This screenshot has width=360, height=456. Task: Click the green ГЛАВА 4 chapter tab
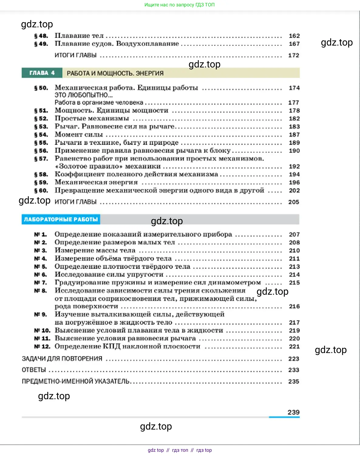point(42,73)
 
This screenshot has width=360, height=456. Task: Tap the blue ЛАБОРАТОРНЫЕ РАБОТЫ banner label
point(61,219)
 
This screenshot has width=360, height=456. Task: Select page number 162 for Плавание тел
point(294,36)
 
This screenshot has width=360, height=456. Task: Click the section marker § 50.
point(41,88)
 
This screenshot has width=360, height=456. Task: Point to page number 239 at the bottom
point(293,412)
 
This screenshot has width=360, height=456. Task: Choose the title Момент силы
point(79,135)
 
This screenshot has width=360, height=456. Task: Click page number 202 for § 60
point(294,190)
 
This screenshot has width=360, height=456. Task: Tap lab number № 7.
point(40,283)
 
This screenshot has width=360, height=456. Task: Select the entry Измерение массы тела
point(95,250)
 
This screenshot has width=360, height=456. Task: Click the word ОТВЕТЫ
point(34,370)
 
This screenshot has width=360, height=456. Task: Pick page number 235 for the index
point(294,382)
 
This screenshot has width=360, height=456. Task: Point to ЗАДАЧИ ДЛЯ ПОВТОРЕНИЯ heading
point(62,359)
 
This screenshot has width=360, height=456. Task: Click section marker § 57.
point(41,159)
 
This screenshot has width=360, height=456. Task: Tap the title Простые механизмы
point(92,118)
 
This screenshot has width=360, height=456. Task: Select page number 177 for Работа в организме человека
point(294,103)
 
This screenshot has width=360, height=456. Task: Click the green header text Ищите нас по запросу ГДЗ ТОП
point(179,5)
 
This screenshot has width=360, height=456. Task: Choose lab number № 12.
point(42,347)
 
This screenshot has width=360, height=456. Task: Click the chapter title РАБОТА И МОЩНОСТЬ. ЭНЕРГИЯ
point(115,74)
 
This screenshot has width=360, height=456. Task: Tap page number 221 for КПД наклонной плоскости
point(294,347)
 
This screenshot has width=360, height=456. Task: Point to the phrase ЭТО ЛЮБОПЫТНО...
point(83,95)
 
